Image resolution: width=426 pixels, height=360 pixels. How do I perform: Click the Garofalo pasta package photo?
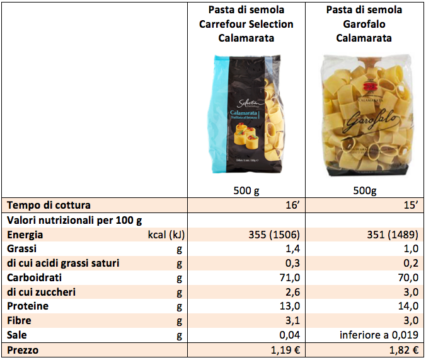pos(364,117)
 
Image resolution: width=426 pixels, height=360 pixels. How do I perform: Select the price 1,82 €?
pos(402,350)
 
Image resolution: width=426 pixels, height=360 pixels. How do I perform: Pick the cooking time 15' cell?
pos(408,205)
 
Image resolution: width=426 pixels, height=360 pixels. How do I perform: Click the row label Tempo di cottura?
pos(49,205)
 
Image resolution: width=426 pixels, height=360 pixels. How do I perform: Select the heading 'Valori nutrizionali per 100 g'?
pos(74,220)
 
